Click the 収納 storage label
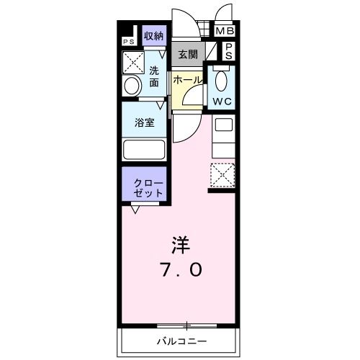pos(152,35)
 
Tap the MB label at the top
pos(225,32)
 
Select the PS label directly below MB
pos(228,50)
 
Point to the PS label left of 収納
pos(128,42)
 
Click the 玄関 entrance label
pos(188,55)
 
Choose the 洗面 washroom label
pos(155,76)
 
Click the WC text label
pos(220,102)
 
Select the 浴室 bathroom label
pos(145,122)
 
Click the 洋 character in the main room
pos(180,245)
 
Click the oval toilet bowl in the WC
pos(221,81)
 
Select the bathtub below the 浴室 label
pos(145,150)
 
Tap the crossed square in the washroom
pos(134,63)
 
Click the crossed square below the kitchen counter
pos(221,174)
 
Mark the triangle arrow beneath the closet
pos(135,209)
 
